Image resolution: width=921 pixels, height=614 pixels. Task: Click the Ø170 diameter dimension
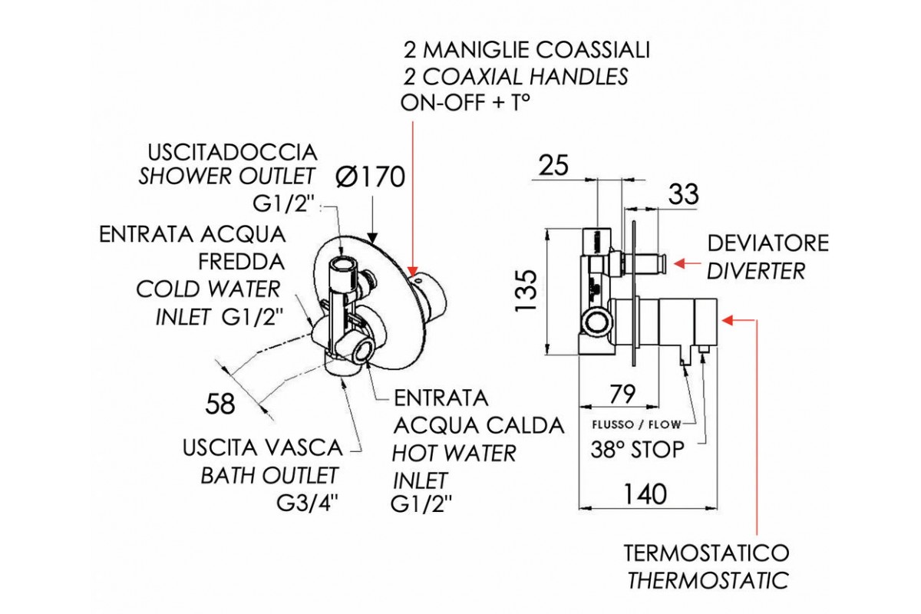[371, 177]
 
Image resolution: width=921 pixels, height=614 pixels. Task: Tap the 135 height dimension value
[527, 289]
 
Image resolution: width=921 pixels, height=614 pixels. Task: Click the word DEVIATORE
[767, 243]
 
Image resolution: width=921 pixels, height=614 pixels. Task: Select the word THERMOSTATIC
[707, 580]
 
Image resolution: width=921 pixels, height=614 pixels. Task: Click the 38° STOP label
[636, 450]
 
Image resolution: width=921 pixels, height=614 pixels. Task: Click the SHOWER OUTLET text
[226, 177]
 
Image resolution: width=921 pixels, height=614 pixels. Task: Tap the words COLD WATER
[208, 289]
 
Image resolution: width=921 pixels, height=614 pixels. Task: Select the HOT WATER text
[454, 453]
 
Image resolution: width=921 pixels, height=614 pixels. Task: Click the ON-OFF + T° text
[466, 103]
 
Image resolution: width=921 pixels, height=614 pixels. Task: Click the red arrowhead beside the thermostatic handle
[728, 317]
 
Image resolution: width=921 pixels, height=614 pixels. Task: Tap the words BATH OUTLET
[269, 476]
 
